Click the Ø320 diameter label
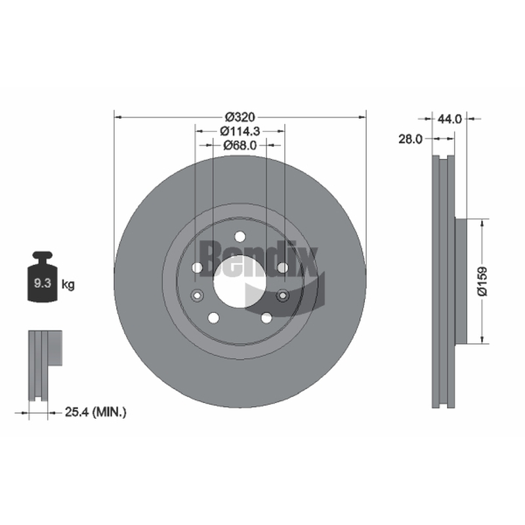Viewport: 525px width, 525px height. [240, 117]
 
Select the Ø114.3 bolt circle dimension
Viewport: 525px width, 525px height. [240, 131]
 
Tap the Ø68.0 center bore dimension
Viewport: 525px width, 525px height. [240, 145]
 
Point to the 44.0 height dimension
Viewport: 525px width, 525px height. [450, 119]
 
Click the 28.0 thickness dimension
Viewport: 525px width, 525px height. [411, 138]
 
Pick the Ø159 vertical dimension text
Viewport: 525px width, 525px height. [482, 282]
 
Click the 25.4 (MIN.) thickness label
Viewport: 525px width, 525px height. [95, 412]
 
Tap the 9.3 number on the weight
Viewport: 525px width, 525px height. [43, 283]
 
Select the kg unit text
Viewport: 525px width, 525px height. [68, 285]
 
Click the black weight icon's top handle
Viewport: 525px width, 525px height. [43, 257]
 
